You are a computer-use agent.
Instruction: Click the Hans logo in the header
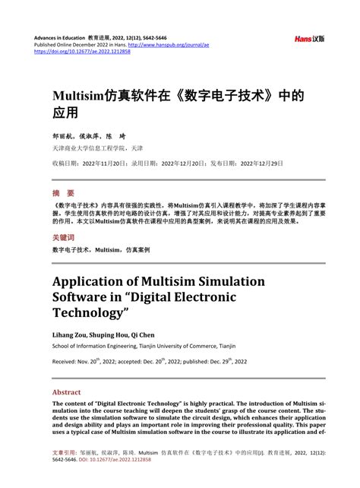[x=310, y=38]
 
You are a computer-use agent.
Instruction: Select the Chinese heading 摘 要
[x=63, y=193]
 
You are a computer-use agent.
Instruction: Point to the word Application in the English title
[x=89, y=281]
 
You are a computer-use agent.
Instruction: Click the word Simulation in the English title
[x=227, y=281]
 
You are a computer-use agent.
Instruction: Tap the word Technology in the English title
[x=90, y=313]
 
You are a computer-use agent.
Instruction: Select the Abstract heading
[x=66, y=392]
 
